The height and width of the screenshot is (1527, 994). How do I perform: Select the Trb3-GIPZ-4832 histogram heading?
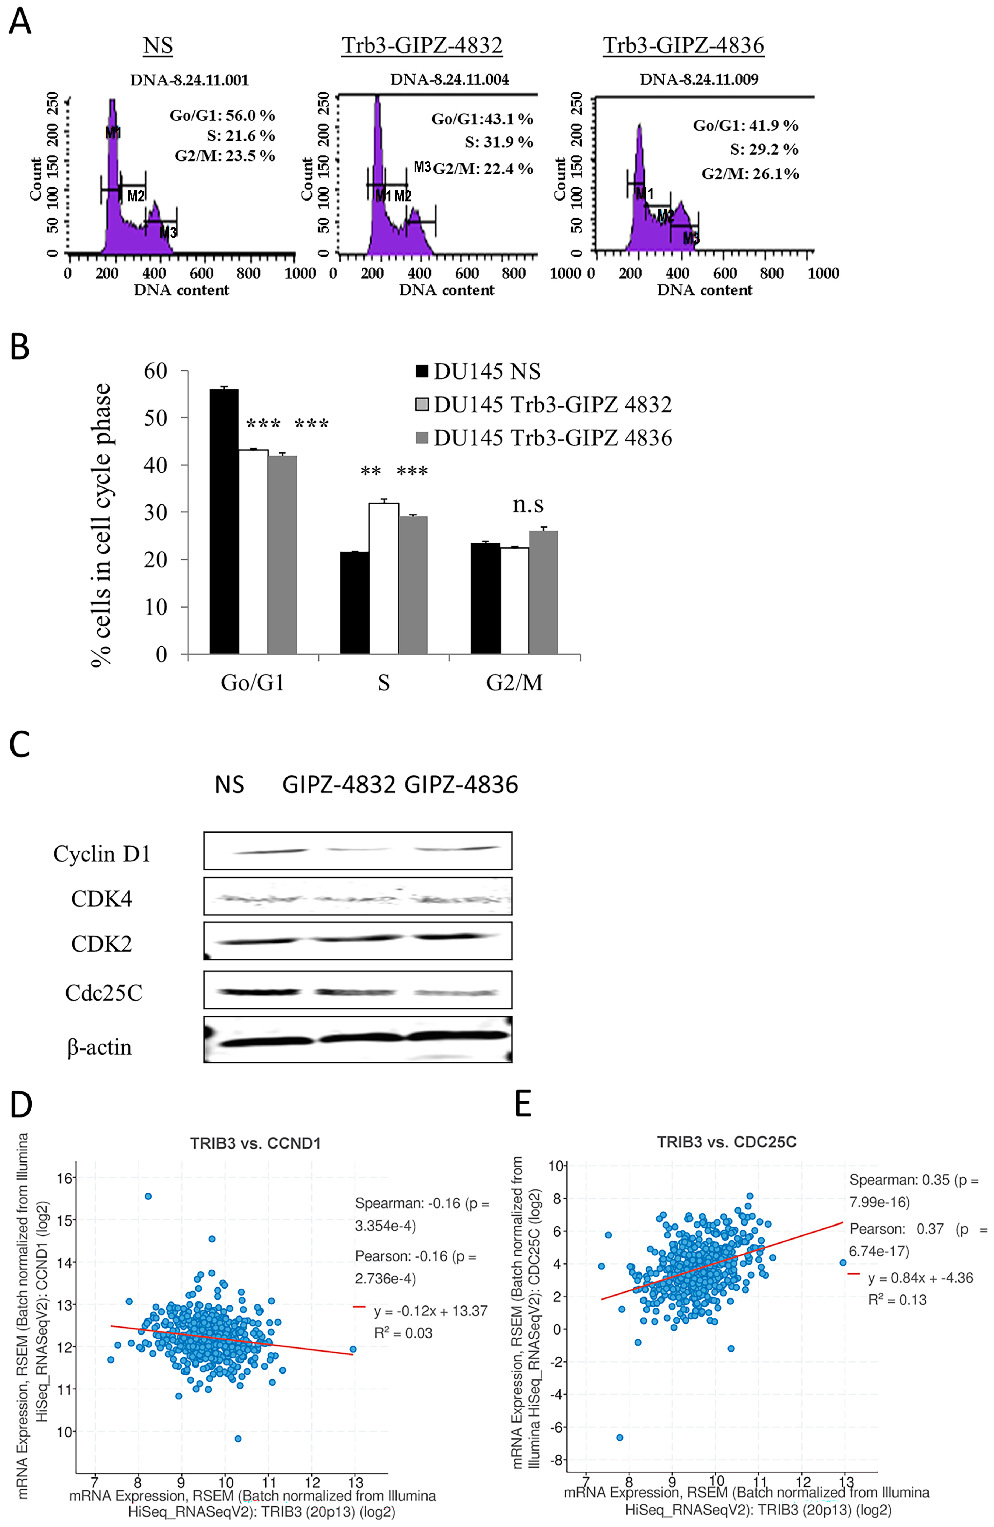[x=422, y=45]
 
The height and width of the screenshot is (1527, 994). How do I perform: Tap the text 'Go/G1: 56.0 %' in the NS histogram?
[x=222, y=115]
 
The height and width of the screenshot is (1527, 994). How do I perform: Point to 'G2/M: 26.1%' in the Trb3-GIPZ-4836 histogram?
[x=750, y=174]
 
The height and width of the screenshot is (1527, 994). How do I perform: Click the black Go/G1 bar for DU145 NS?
[x=224, y=521]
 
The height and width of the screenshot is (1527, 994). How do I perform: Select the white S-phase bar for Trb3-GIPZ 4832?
[x=383, y=577]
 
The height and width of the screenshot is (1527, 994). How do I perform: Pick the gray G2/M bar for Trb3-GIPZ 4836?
[x=543, y=592]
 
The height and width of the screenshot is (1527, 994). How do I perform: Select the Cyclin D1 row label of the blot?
[x=101, y=854]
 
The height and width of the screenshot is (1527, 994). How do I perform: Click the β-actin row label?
[x=99, y=1047]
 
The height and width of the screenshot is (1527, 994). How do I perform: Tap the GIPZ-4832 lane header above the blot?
[x=339, y=785]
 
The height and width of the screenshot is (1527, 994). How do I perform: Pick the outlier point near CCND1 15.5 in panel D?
[x=148, y=1196]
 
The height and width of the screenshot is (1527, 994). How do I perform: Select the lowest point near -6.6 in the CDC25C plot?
[x=619, y=1437]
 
